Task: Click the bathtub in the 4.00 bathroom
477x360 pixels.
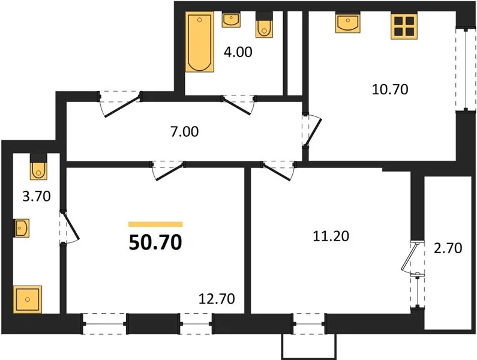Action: coord(200,41)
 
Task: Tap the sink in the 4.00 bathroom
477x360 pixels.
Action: coord(231,19)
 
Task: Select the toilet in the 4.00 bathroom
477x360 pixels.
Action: coord(264,25)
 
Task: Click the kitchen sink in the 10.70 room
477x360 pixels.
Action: coord(348,22)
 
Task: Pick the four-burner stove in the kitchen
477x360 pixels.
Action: coord(404,26)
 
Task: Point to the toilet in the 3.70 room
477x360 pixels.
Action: coord(38,166)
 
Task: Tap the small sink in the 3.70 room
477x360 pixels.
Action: coord(22,228)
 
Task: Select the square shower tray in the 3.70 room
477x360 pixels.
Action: coord(28,299)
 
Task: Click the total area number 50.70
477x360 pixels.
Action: coord(155,242)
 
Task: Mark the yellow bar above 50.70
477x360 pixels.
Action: coord(155,224)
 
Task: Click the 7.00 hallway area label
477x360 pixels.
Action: coord(185,132)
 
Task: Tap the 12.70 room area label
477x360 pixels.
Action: coord(217,299)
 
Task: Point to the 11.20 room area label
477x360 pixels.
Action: coord(331,236)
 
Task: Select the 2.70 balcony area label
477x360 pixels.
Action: coord(448,248)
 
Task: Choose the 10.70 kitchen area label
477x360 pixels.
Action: coord(390,89)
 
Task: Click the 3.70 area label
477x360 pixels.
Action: coord(37,196)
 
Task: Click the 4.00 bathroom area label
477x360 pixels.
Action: coord(238,52)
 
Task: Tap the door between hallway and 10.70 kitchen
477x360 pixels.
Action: coord(312,131)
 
